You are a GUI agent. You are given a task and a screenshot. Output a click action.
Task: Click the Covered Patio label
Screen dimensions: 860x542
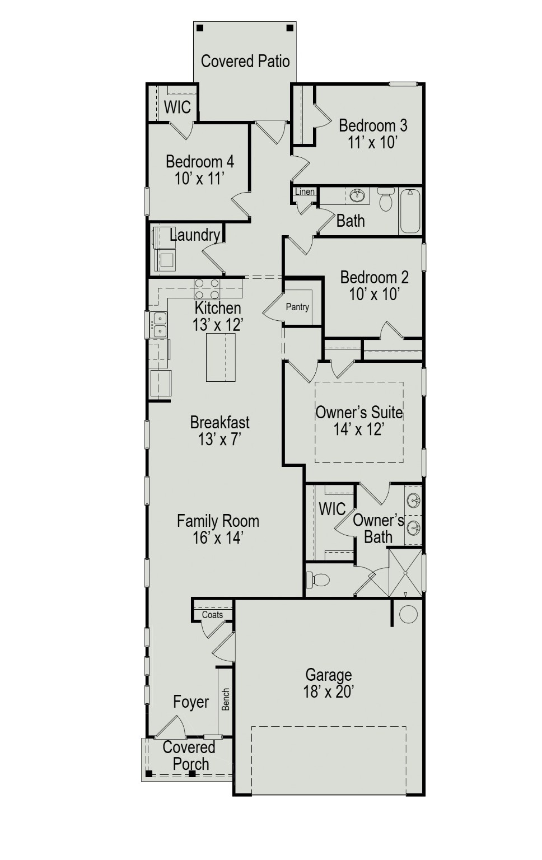pos(245,61)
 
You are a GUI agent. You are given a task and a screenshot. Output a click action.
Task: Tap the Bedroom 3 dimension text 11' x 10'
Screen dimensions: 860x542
pos(372,142)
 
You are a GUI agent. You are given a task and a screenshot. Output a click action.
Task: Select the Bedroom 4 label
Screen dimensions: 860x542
pos(200,162)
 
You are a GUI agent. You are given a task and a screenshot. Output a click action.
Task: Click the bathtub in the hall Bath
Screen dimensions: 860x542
pos(410,211)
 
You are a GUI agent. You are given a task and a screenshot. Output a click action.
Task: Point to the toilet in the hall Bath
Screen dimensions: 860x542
pos(386,199)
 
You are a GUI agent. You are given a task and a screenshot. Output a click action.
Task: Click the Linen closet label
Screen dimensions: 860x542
pos(305,192)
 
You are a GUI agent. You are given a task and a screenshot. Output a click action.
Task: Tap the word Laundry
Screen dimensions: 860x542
pos(195,235)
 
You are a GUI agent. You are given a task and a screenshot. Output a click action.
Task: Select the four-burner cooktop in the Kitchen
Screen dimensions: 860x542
pos(207,288)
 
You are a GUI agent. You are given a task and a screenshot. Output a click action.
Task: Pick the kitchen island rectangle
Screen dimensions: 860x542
pos(220,357)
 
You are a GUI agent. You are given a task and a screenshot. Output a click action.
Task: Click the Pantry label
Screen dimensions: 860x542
pos(297,307)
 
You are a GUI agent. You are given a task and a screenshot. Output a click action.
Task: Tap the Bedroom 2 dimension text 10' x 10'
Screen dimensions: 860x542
pos(373,295)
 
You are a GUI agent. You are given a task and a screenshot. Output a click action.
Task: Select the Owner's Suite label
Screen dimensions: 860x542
pos(359,413)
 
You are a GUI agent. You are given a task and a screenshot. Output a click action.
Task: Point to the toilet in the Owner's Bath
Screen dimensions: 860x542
pos(319,579)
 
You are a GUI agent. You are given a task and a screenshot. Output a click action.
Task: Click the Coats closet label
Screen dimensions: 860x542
pos(212,615)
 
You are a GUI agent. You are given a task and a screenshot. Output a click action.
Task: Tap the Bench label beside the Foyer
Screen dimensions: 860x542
pos(226,699)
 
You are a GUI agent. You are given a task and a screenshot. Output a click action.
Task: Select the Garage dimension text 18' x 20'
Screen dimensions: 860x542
pos(328,692)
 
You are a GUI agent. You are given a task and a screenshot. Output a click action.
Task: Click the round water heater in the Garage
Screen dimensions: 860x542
pos(408,614)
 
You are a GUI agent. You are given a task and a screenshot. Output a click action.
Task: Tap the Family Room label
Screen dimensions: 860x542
pos(218,521)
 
